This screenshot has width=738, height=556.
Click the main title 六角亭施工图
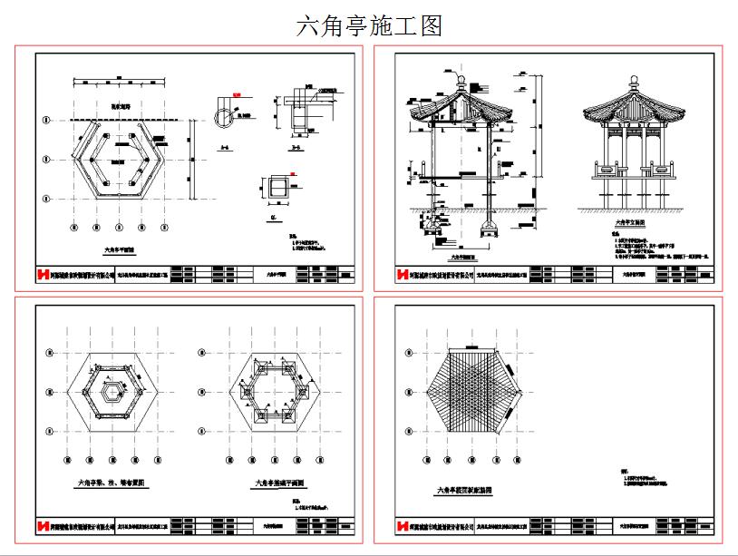tap(369, 26)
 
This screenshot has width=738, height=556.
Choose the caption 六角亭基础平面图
tap(278, 483)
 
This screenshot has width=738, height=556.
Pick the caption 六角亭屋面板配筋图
tap(464, 490)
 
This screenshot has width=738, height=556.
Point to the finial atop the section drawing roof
tap(460, 81)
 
